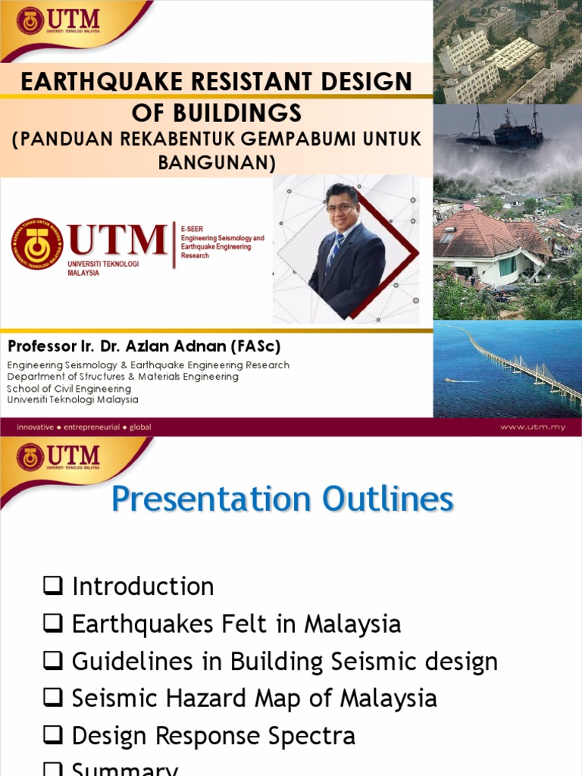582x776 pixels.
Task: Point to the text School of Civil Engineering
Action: point(69,389)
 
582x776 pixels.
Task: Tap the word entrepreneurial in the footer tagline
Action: point(92,427)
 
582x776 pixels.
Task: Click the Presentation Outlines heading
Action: point(283,500)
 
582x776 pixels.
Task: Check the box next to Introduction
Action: point(52,586)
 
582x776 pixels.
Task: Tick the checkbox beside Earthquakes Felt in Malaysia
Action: point(52,624)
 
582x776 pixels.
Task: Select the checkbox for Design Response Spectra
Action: point(52,736)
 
